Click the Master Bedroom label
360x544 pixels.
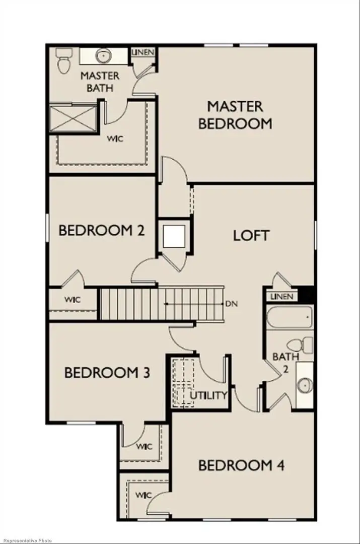point(235,115)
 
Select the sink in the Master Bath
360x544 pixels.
point(104,56)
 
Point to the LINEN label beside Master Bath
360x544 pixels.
point(143,52)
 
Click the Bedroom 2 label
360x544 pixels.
point(102,231)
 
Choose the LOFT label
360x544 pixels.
point(251,235)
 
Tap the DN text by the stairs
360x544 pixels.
point(231,304)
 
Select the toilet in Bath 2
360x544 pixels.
point(301,346)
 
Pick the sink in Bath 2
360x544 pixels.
point(304,385)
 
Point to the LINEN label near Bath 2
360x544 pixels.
point(281,297)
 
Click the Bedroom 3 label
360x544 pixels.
point(107,373)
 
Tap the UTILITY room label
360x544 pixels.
point(208,395)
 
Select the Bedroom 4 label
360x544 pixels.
point(241,465)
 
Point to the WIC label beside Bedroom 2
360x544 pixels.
point(73,300)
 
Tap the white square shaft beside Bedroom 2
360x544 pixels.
point(174,236)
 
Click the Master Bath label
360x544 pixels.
point(100,82)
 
